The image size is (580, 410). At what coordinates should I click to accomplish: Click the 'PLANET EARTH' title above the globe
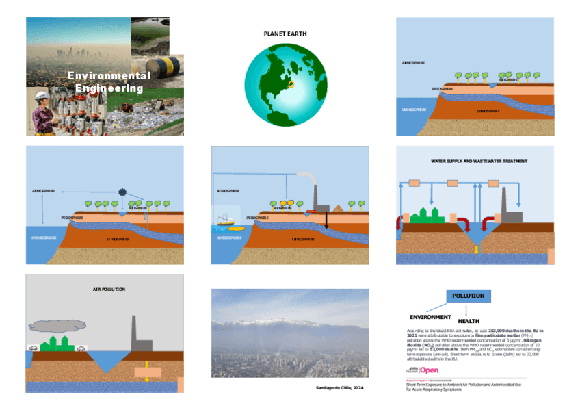click(x=285, y=34)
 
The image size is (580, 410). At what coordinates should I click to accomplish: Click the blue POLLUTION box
click(x=469, y=296)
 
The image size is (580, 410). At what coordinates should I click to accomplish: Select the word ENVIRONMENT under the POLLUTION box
click(x=430, y=317)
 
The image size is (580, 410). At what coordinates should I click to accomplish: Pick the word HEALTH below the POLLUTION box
click(x=469, y=322)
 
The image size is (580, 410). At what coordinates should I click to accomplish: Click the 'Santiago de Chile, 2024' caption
click(x=339, y=388)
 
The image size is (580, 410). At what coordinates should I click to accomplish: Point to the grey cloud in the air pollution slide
click(x=57, y=325)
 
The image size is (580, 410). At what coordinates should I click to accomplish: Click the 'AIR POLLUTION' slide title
click(x=109, y=290)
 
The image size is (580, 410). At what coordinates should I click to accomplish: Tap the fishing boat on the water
click(x=226, y=220)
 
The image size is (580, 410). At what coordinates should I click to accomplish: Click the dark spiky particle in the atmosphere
click(x=123, y=192)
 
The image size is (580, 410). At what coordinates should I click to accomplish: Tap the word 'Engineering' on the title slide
click(x=109, y=88)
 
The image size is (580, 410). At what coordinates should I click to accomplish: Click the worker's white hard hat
click(x=40, y=95)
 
